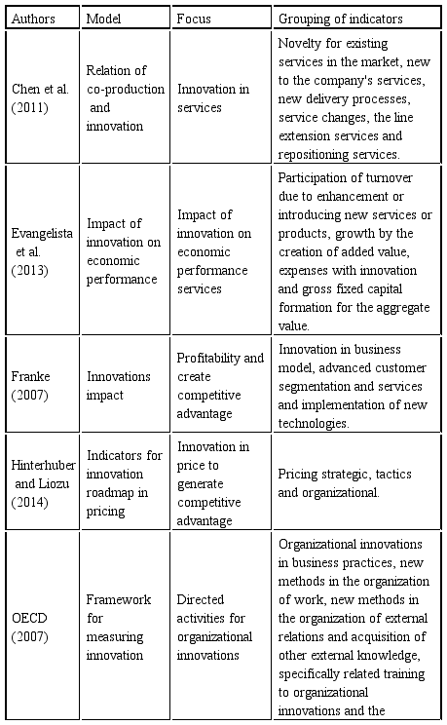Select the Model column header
point(102,19)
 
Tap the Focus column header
point(193,19)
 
